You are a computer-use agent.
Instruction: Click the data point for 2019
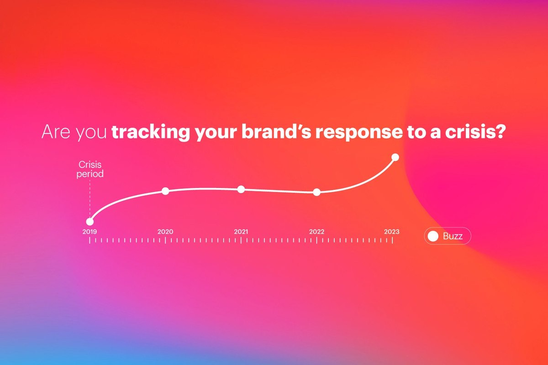(90, 222)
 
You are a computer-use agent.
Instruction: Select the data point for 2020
(165, 191)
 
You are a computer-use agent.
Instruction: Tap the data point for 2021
(241, 189)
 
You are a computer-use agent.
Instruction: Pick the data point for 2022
(316, 192)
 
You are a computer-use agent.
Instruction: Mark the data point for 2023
(395, 157)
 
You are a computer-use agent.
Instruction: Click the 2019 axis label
(90, 231)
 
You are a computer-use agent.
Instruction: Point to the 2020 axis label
(165, 231)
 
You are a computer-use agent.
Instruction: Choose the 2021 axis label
(241, 231)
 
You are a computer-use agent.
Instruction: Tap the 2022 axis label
(316, 231)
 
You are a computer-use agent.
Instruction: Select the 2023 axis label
(392, 231)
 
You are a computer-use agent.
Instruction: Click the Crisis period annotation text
(90, 169)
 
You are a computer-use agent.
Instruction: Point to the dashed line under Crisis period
(90, 199)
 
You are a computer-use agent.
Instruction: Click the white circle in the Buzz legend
(433, 236)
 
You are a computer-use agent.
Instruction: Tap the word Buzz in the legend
(453, 236)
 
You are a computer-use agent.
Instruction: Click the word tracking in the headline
(151, 132)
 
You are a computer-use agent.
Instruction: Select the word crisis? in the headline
(475, 132)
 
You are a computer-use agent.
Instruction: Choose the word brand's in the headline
(276, 132)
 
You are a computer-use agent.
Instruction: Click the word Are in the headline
(56, 132)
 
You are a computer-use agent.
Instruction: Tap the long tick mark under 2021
(241, 240)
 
